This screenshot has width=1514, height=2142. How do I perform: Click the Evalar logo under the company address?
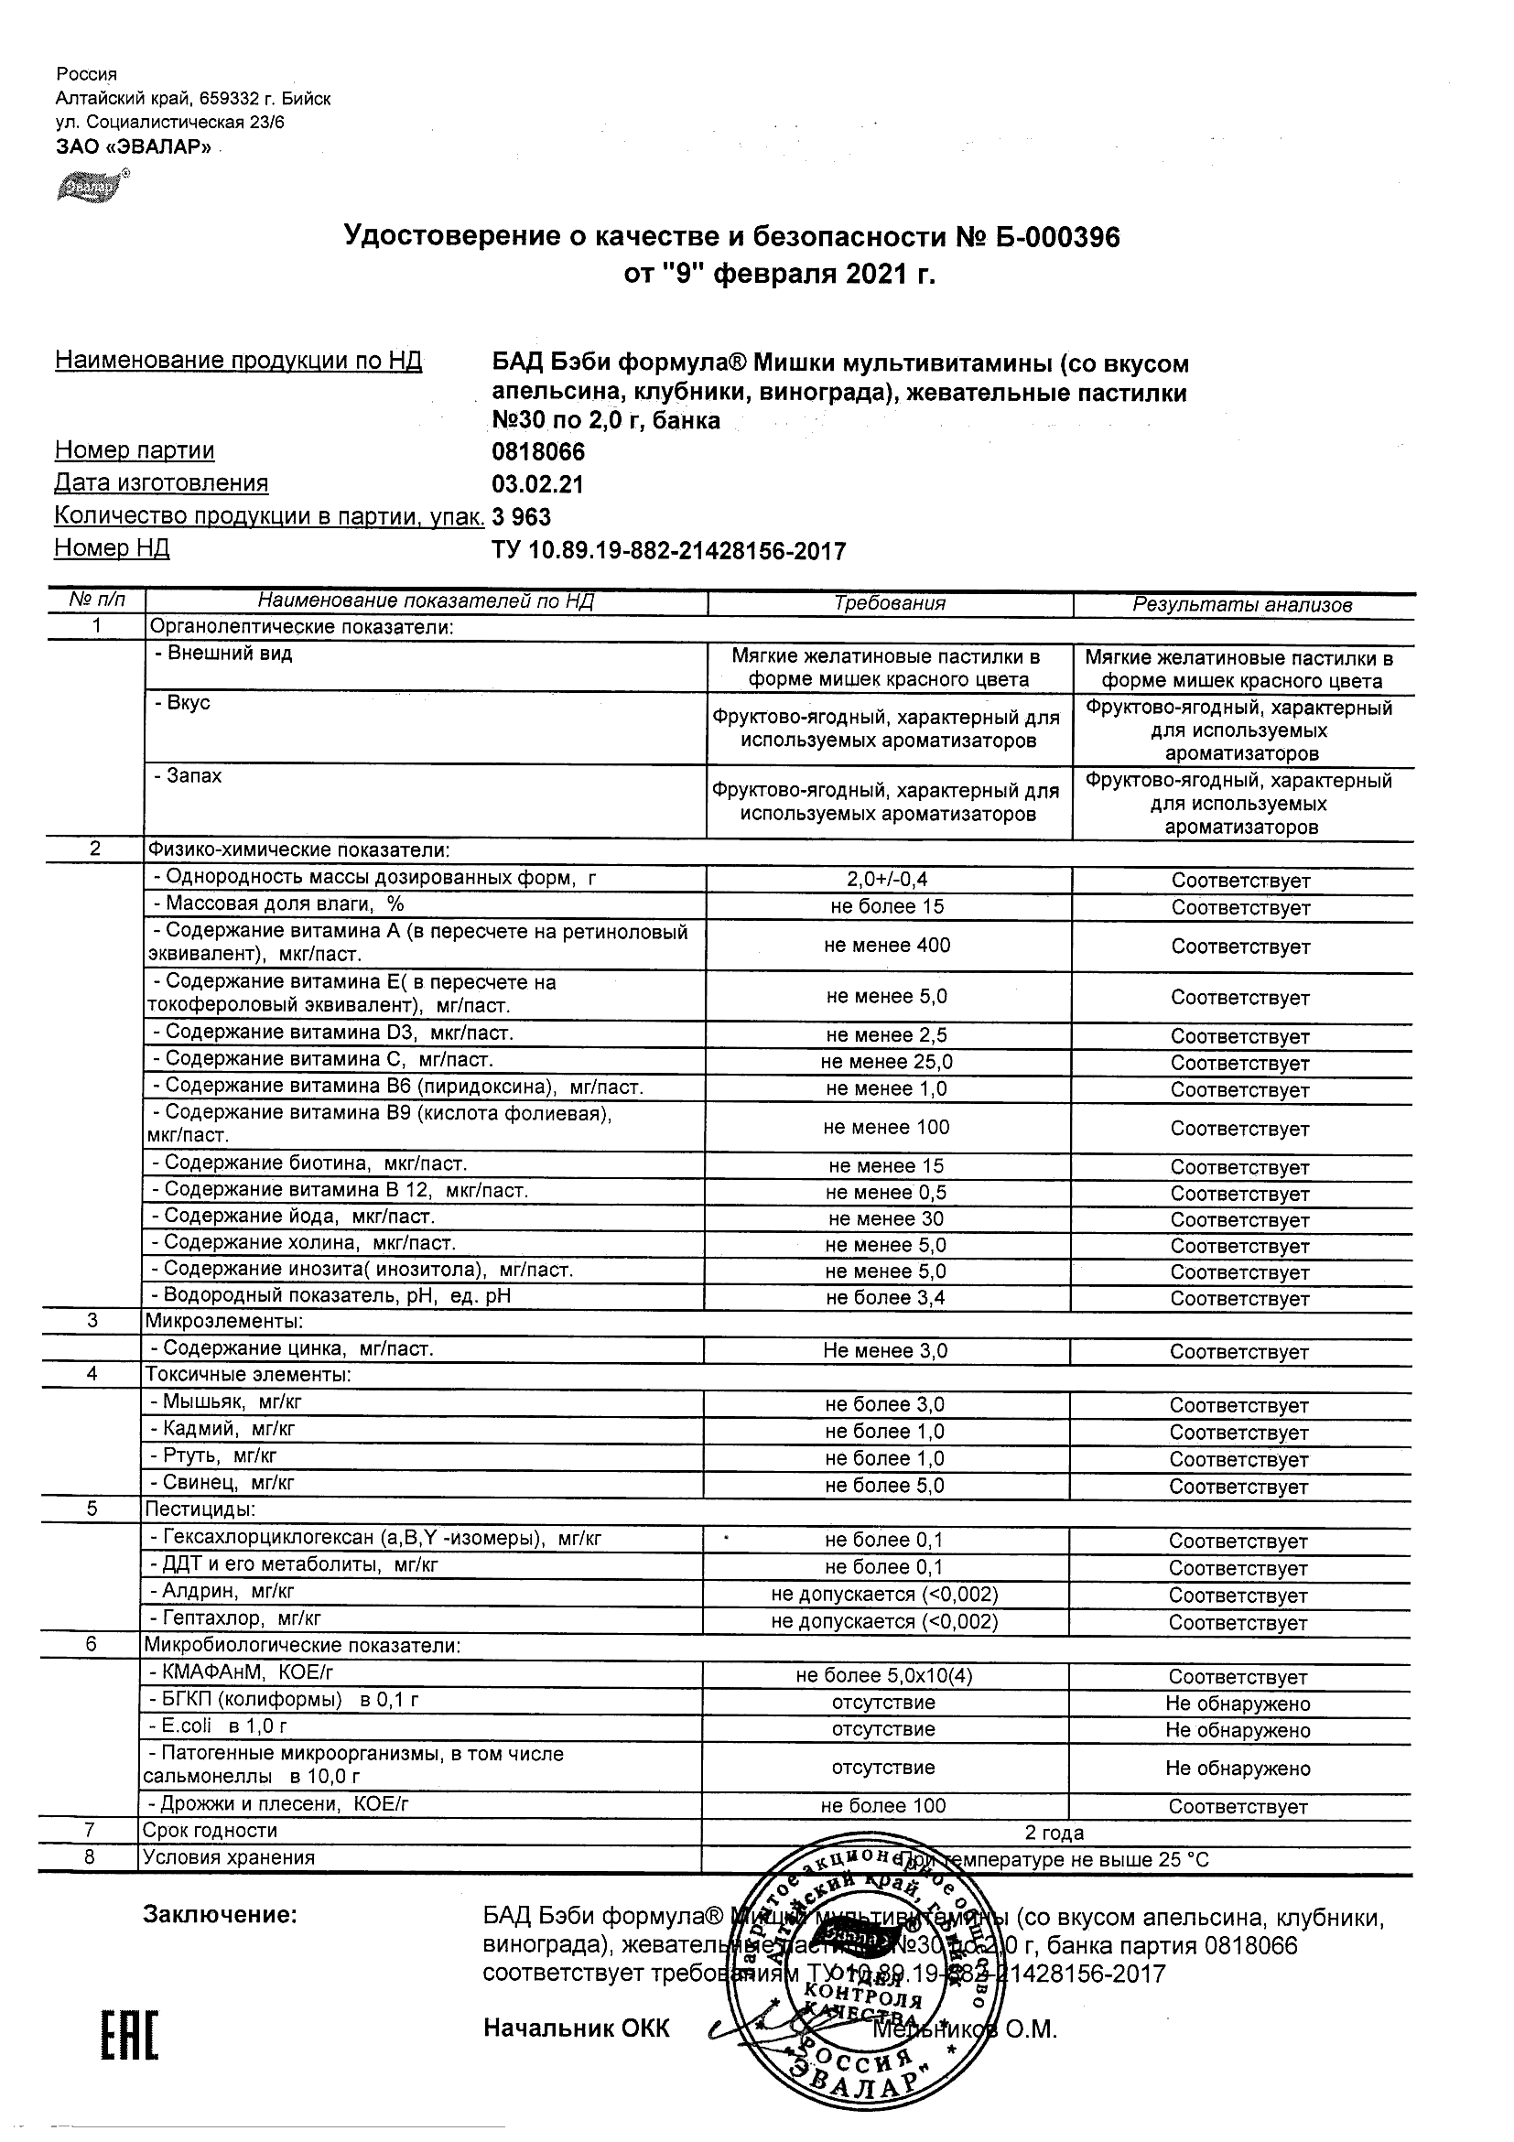[90, 187]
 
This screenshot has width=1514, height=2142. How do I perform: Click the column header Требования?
[889, 603]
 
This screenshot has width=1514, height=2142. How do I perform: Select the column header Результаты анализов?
[1241, 605]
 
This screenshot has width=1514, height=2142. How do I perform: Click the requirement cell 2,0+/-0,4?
[887, 879]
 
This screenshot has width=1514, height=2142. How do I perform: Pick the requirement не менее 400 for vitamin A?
[887, 946]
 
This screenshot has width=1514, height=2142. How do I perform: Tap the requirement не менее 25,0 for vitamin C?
[886, 1062]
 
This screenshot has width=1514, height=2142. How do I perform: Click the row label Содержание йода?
[293, 1217]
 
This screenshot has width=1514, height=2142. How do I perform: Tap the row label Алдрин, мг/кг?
[222, 1592]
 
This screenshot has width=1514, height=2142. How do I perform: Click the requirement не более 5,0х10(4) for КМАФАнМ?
[883, 1675]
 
